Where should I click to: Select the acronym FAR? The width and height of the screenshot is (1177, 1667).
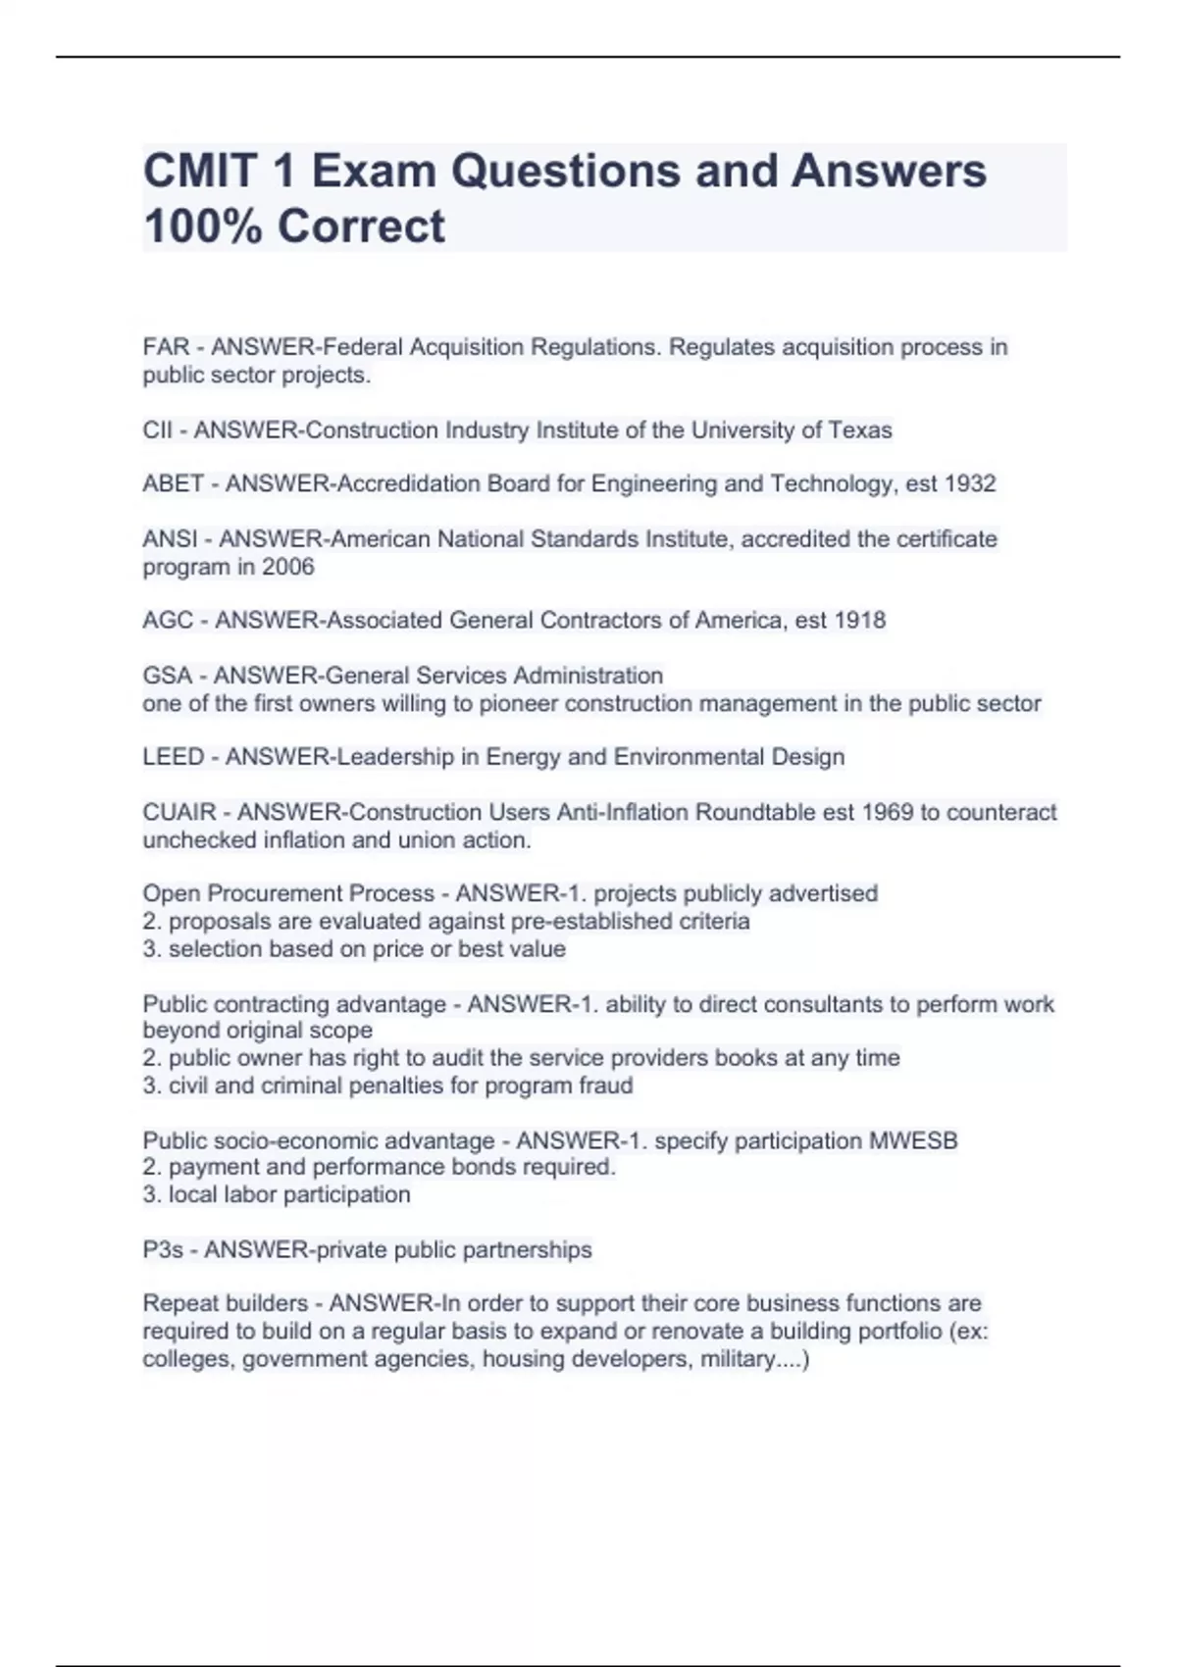[x=166, y=347]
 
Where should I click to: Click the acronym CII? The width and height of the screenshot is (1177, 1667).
[x=157, y=430]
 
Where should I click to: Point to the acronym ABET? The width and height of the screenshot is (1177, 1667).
[x=174, y=484]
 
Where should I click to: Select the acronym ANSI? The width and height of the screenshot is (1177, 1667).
[x=171, y=539]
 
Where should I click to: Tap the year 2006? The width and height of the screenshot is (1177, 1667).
[x=287, y=567]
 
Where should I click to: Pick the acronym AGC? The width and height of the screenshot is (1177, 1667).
[x=168, y=621]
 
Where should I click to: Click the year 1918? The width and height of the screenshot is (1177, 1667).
[x=859, y=621]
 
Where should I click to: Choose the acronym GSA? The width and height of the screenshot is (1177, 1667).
[x=167, y=676]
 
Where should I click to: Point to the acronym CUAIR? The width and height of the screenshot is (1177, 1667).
[x=179, y=812]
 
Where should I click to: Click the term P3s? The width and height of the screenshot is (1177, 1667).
[x=163, y=1249]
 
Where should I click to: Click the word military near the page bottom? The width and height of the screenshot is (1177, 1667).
[x=738, y=1359]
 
